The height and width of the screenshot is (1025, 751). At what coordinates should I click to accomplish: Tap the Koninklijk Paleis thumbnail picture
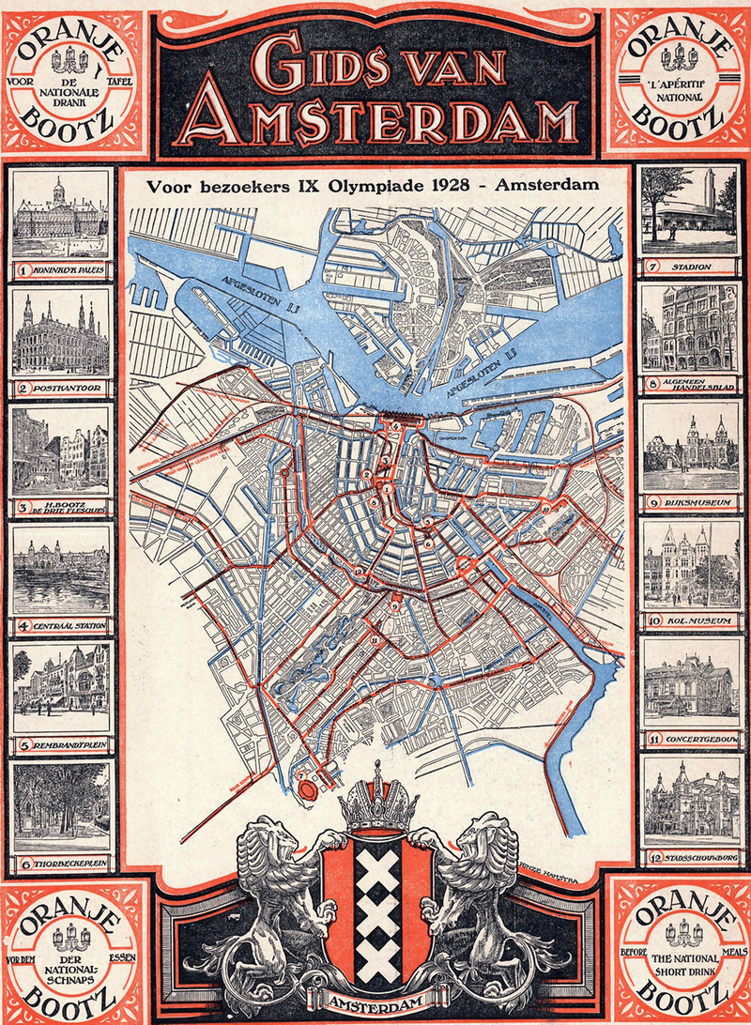coord(62,216)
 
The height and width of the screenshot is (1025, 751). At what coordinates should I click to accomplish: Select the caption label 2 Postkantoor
coord(62,387)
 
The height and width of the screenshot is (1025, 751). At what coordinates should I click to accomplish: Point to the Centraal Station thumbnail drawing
coord(62,569)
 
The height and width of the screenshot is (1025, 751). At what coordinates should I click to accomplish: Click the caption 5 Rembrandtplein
coord(62,747)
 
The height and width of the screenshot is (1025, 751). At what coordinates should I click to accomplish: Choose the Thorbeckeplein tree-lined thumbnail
coord(62,807)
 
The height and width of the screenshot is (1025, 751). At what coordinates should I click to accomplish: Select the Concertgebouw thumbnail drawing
coord(690,685)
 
